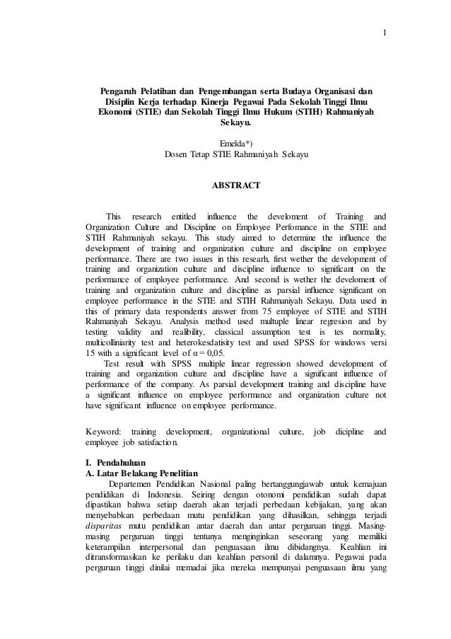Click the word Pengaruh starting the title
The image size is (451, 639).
118,91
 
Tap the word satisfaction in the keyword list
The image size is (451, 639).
155,443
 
